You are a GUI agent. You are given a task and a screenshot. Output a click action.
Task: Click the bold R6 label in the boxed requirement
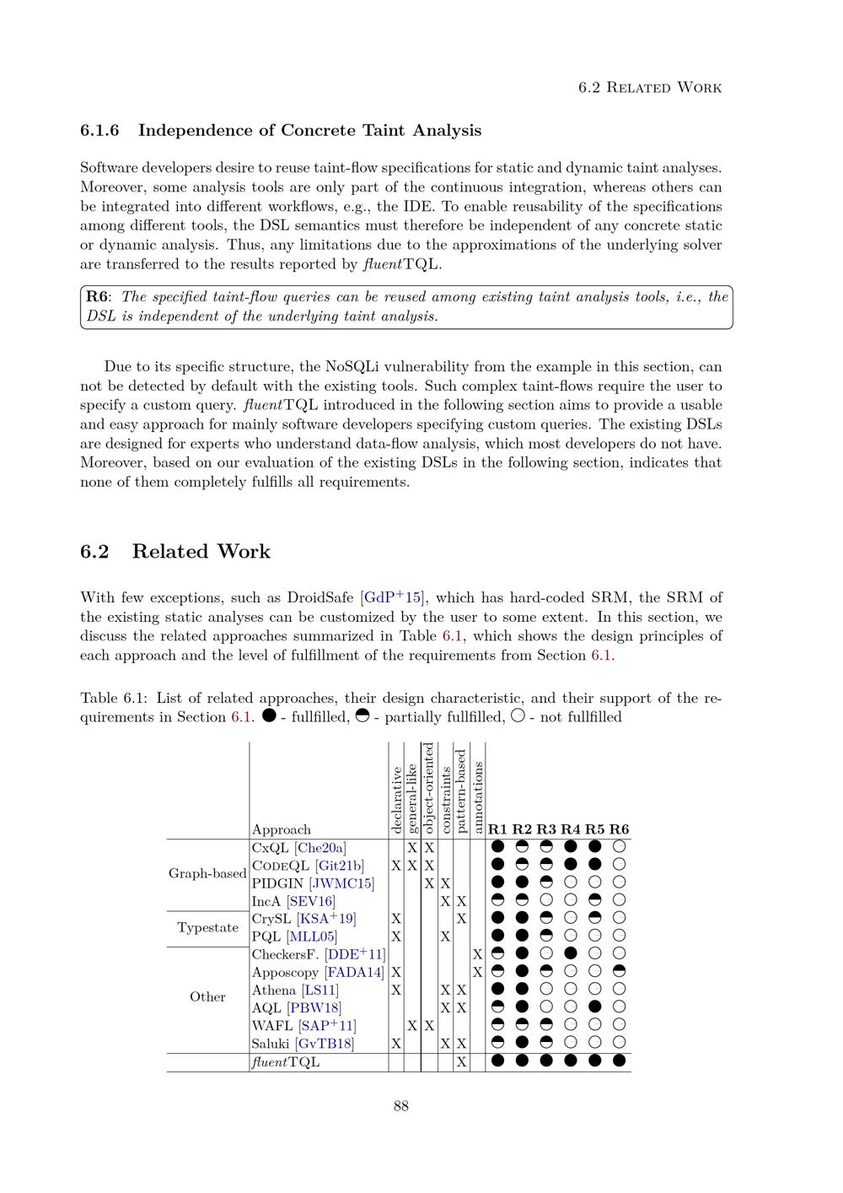pyautogui.click(x=98, y=297)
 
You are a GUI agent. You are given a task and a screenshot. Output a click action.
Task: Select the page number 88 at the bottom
pyautogui.click(x=401, y=1106)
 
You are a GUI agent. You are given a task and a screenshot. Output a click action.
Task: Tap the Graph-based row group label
pyautogui.click(x=207, y=873)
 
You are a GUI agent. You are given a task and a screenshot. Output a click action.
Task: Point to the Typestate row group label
pyautogui.click(x=207, y=927)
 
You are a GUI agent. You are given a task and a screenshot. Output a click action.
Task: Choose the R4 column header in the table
pyautogui.click(x=571, y=829)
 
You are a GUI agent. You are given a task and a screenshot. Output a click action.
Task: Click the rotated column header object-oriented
pyautogui.click(x=428, y=789)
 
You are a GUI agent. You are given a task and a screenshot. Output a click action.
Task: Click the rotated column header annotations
pyautogui.click(x=477, y=797)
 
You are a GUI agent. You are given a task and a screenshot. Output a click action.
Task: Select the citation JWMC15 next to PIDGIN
pyautogui.click(x=341, y=883)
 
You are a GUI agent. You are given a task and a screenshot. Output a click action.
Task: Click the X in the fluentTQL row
pyautogui.click(x=461, y=1062)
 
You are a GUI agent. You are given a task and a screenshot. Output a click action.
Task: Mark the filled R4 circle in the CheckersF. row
pyautogui.click(x=571, y=954)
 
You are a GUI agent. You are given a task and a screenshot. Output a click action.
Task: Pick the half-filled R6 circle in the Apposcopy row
pyautogui.click(x=620, y=972)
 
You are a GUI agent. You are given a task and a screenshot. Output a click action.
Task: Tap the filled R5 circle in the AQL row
pyautogui.click(x=595, y=1007)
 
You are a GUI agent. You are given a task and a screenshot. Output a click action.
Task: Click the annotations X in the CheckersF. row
pyautogui.click(x=477, y=954)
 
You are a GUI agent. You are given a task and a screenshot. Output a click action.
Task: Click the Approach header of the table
pyautogui.click(x=282, y=829)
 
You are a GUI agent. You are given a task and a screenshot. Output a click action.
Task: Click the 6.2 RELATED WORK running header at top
pyautogui.click(x=650, y=88)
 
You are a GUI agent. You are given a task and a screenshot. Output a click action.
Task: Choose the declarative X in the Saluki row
pyautogui.click(x=396, y=1044)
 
